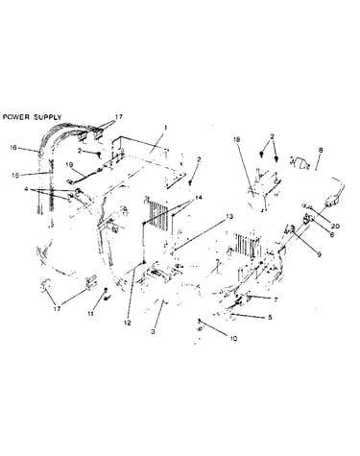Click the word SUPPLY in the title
pyautogui.click(x=48, y=117)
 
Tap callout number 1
pyautogui.click(x=165, y=128)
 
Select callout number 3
pyautogui.click(x=153, y=332)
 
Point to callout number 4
pyautogui.click(x=26, y=189)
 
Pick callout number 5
pyautogui.click(x=270, y=317)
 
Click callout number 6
pyautogui.click(x=331, y=234)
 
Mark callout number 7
pyautogui.click(x=276, y=300)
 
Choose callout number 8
pyautogui.click(x=321, y=150)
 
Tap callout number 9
pyautogui.click(x=319, y=255)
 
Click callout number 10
pyautogui.click(x=233, y=339)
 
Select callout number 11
pyautogui.click(x=91, y=314)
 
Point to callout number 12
pyautogui.click(x=128, y=323)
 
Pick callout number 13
pyautogui.click(x=229, y=217)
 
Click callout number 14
pyautogui.click(x=199, y=198)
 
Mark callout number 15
pyautogui.click(x=15, y=176)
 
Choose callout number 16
pyautogui.click(x=13, y=148)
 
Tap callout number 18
pyautogui.click(x=236, y=139)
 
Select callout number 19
pyautogui.click(x=69, y=165)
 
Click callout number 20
pyautogui.click(x=335, y=227)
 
